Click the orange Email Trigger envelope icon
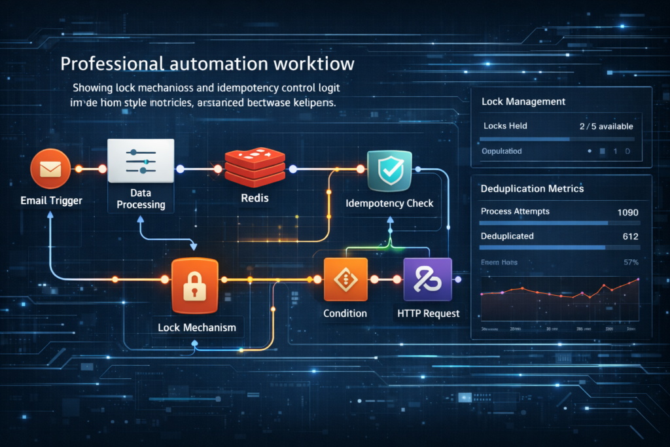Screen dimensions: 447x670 point(50,169)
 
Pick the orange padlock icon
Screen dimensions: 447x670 point(193,285)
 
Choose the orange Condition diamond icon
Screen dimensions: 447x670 point(346,280)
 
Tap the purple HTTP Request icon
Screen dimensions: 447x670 point(428,280)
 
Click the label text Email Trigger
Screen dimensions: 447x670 point(52,200)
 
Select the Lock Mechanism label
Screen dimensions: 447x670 point(197,327)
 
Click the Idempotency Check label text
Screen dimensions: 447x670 point(389,203)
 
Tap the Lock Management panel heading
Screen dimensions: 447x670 point(523,102)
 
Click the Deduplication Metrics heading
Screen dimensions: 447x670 point(532,188)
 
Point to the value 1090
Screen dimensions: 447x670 point(627,212)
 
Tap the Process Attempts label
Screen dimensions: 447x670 point(515,211)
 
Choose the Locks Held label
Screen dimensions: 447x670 point(505,126)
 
